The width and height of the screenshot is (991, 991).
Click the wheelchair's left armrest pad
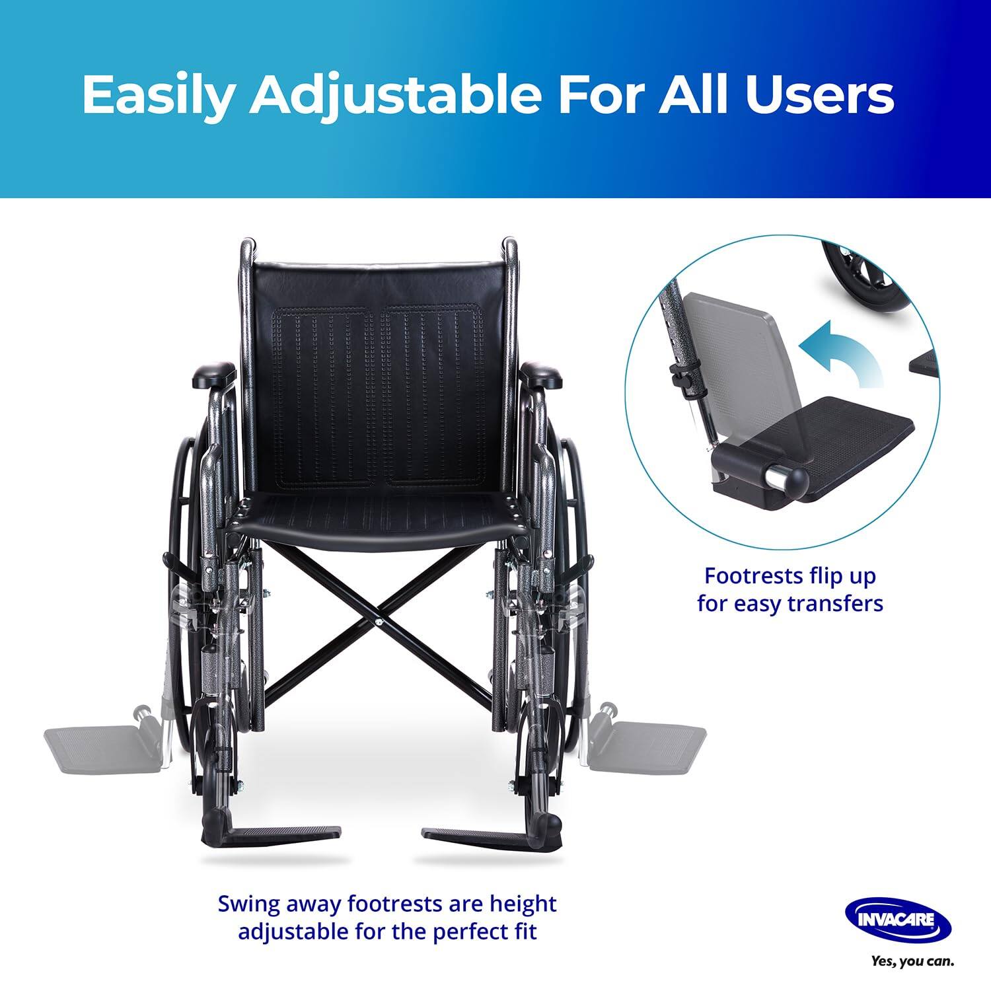213,375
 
